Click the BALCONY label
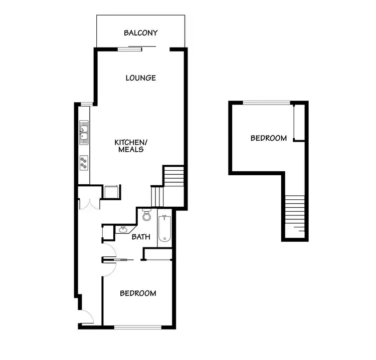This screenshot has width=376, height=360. pyautogui.click(x=141, y=33)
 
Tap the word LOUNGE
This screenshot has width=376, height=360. pyautogui.click(x=141, y=78)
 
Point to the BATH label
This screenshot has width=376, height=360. pyautogui.click(x=141, y=237)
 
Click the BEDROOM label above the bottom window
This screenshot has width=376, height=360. pyautogui.click(x=138, y=293)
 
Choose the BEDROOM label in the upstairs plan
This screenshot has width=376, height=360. pyautogui.click(x=269, y=138)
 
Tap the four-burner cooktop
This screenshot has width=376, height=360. pyautogui.click(x=84, y=162)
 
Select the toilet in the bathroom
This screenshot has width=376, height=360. pyautogui.click(x=147, y=216)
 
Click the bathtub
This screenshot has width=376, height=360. pyautogui.click(x=165, y=229)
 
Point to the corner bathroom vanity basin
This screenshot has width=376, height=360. pyautogui.click(x=123, y=230)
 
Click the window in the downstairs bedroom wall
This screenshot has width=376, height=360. pyautogui.click(x=138, y=327)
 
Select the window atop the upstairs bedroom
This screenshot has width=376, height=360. pyautogui.click(x=266, y=103)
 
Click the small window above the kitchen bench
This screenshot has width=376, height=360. pyautogui.click(x=86, y=104)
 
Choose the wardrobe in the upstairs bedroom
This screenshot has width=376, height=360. pyautogui.click(x=299, y=123)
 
